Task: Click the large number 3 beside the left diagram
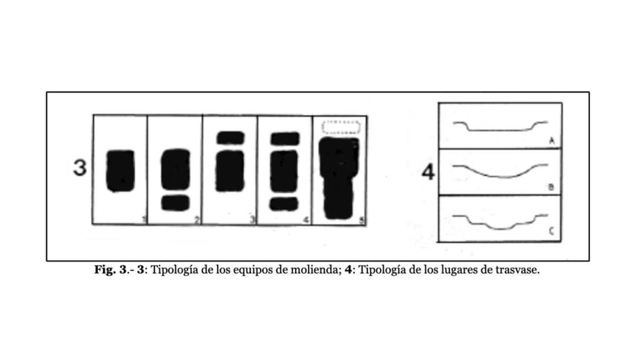[x=79, y=167]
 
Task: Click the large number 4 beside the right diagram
[x=428, y=172]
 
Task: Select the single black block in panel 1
[x=119, y=171]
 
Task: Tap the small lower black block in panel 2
[x=175, y=202]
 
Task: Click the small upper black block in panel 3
[x=230, y=137]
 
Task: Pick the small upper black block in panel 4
[x=284, y=137]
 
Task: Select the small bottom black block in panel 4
[x=284, y=204]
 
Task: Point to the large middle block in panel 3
[x=230, y=171]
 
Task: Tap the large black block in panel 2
[x=175, y=169]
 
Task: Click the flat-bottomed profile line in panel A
[x=500, y=130]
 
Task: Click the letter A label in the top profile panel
[x=552, y=141]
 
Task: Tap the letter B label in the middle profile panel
[x=552, y=187]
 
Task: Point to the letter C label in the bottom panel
[x=552, y=233]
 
